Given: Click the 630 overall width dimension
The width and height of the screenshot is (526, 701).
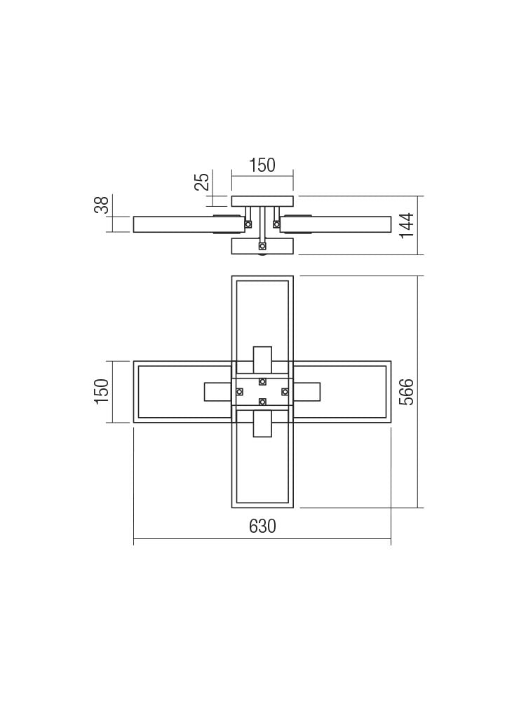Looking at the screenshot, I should point(262,526).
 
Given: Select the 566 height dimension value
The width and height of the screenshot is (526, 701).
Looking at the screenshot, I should point(407,391).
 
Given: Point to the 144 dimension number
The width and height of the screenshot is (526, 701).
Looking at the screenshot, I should point(407,225).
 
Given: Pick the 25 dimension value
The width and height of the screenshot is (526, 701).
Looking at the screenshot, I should point(202,182).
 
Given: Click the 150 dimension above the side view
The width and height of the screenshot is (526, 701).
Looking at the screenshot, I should point(262,165).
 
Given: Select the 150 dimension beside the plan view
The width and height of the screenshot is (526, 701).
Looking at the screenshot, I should point(102,391).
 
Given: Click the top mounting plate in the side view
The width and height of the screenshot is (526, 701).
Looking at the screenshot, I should point(262,201).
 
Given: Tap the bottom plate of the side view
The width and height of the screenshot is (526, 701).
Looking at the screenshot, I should point(262,246).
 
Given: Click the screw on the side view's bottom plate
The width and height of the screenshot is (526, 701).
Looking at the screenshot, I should point(262,246).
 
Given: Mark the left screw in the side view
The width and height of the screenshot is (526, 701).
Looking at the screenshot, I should point(248,224).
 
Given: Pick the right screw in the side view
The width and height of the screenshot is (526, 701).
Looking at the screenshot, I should point(276,224).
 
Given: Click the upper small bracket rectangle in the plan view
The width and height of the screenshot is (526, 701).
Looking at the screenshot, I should point(262,360).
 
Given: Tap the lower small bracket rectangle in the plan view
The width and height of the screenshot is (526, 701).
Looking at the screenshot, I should point(262,423).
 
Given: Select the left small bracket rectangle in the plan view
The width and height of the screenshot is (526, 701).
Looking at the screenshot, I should point(218,391).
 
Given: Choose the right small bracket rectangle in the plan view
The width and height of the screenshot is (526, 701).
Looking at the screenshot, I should point(306,391).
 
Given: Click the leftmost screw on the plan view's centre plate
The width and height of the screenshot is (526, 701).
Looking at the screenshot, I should point(240,391).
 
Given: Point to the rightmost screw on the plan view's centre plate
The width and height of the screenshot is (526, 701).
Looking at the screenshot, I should point(285,391).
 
